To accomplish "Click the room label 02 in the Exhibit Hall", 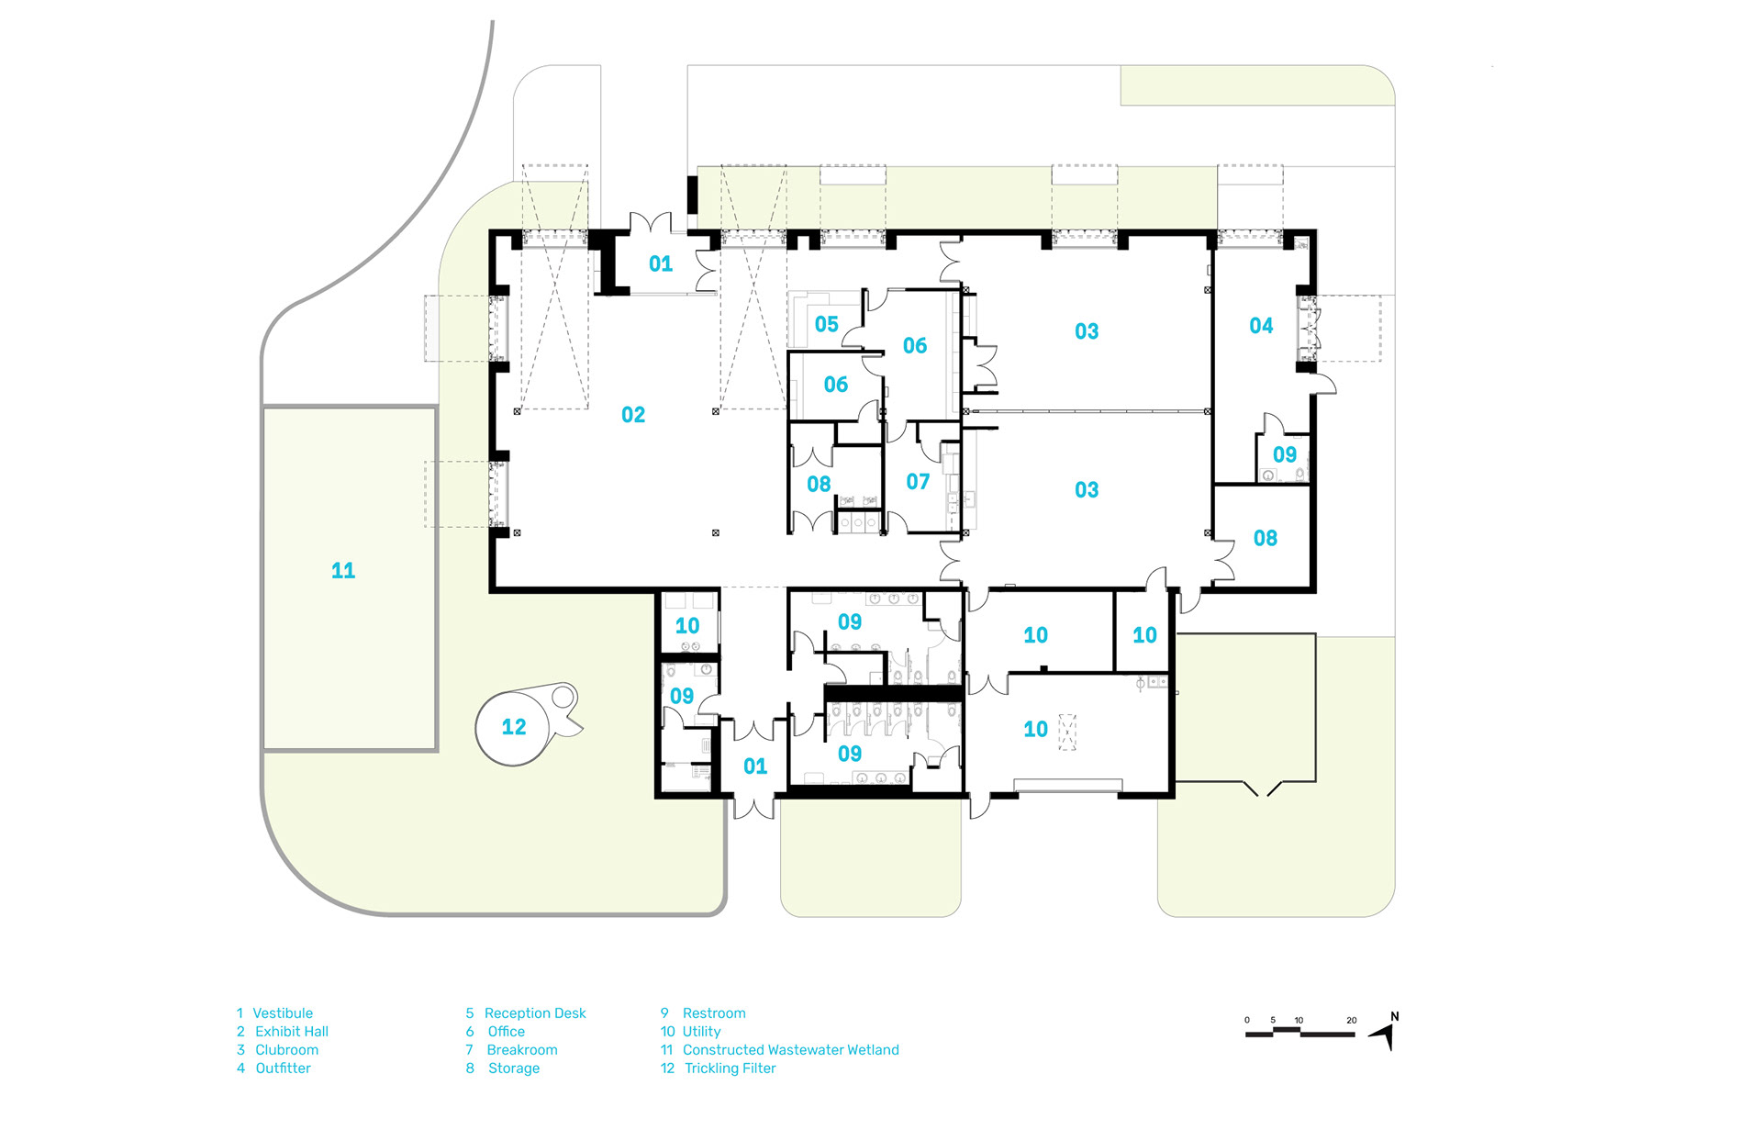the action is point(633,415).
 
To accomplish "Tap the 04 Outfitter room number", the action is point(1261,326).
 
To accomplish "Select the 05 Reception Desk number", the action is point(826,324).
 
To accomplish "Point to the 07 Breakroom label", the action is point(918,482).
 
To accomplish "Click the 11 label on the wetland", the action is point(343,571).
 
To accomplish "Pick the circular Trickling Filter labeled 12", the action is point(514,727).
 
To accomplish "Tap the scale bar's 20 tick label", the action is point(1351,1020).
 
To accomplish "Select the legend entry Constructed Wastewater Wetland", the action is point(791,1050).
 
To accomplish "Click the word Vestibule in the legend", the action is point(283,1013).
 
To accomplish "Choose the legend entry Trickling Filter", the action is point(730,1068).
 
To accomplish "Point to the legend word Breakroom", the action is point(522,1050).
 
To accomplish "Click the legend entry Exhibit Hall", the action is point(292,1032).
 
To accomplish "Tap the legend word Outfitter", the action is point(283,1068).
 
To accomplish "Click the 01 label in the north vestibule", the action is point(661,264).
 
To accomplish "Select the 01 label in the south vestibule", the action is point(755,766).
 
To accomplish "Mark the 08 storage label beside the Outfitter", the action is point(1266,539).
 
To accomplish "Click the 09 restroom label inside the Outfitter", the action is point(1285,454).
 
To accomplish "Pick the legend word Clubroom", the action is point(286,1050).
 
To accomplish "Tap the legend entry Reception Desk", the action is point(535,1013).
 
